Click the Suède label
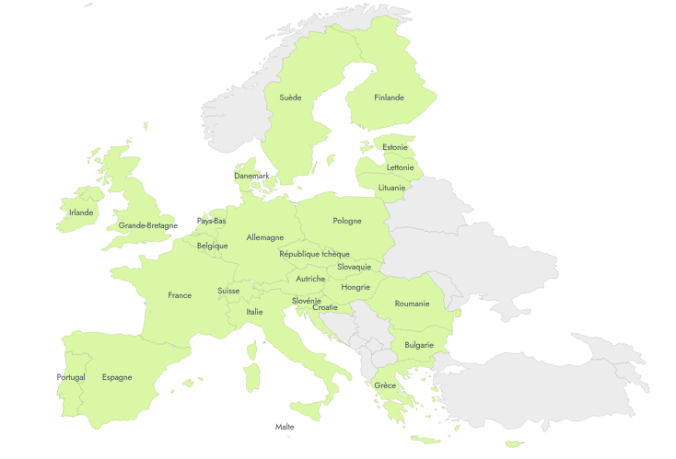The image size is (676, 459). (290, 98)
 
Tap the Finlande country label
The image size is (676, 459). (389, 98)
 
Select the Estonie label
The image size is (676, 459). (395, 147)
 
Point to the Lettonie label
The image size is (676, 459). (400, 167)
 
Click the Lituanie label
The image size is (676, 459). (391, 188)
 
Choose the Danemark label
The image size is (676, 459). (251, 176)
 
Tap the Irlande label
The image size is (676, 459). (81, 212)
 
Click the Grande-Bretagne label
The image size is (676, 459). (148, 225)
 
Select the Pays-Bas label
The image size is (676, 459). (212, 221)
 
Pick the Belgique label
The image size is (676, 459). (212, 246)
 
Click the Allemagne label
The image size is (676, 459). (265, 237)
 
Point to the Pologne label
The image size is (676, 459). (347, 221)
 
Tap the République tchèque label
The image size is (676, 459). (314, 254)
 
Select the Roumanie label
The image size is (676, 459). (412, 304)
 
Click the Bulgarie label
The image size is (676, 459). (419, 345)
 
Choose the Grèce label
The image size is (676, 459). (385, 385)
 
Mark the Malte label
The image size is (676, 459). (285, 427)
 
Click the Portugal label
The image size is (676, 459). (71, 377)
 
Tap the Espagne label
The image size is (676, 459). (117, 377)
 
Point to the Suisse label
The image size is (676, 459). (228, 291)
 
